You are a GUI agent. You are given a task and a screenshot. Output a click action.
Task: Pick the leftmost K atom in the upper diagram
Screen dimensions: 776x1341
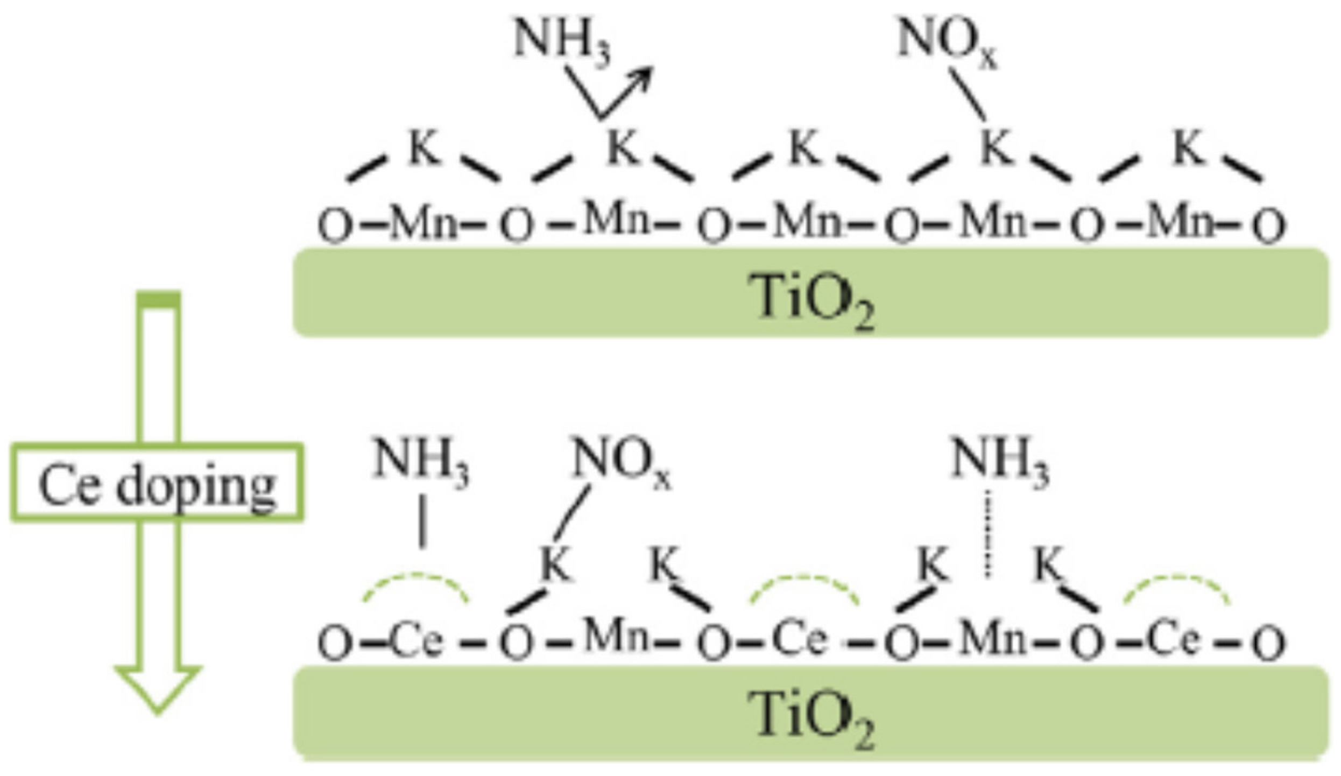coord(425,148)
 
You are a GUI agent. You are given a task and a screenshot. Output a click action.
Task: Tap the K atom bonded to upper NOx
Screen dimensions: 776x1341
coord(996,148)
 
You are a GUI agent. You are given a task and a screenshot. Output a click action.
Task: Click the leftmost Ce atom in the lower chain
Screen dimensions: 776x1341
coord(417,641)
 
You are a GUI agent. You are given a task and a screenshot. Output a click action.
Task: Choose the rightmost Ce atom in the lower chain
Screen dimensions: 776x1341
coord(1173,640)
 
